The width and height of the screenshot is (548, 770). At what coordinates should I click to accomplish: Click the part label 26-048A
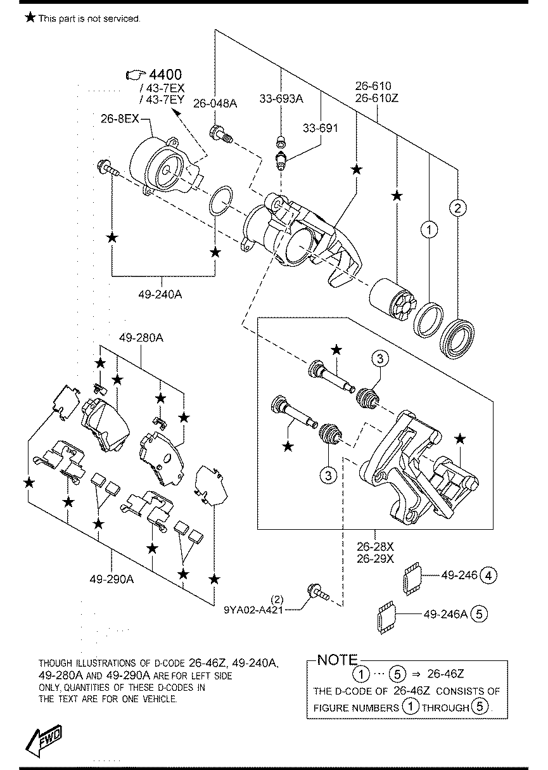(215, 103)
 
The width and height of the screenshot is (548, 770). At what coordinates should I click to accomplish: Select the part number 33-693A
(281, 99)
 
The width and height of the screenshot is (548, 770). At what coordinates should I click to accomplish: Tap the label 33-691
(320, 128)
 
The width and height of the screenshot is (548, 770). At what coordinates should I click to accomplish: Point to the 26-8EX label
(120, 119)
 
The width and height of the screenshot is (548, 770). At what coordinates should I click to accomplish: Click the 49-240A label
(160, 294)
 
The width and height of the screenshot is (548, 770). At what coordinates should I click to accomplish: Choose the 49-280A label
(141, 338)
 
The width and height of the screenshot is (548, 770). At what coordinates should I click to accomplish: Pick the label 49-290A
(112, 580)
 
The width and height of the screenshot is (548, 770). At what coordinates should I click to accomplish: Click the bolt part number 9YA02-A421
(253, 610)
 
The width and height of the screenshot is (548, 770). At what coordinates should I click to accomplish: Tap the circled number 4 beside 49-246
(488, 575)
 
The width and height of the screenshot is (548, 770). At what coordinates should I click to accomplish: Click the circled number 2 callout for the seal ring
(457, 208)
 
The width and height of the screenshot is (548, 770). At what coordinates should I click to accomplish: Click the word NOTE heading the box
(338, 660)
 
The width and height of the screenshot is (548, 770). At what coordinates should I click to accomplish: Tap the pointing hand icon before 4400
(136, 74)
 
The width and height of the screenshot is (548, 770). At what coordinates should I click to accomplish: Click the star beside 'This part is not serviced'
(30, 17)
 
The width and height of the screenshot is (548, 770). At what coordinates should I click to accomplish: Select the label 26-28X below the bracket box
(375, 546)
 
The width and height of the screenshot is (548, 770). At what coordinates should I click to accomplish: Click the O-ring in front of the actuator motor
(220, 202)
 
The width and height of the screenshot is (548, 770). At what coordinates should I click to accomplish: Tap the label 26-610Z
(377, 98)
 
